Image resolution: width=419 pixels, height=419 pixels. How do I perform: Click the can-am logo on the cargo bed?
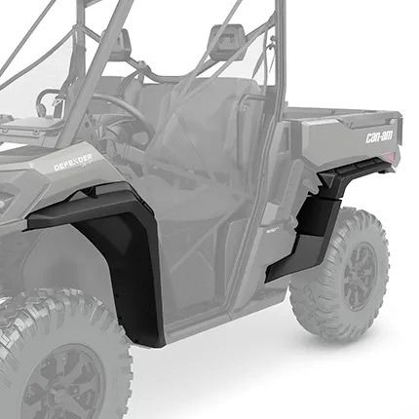[379, 136]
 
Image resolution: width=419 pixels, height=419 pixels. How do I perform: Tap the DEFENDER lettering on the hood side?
[74, 162]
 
